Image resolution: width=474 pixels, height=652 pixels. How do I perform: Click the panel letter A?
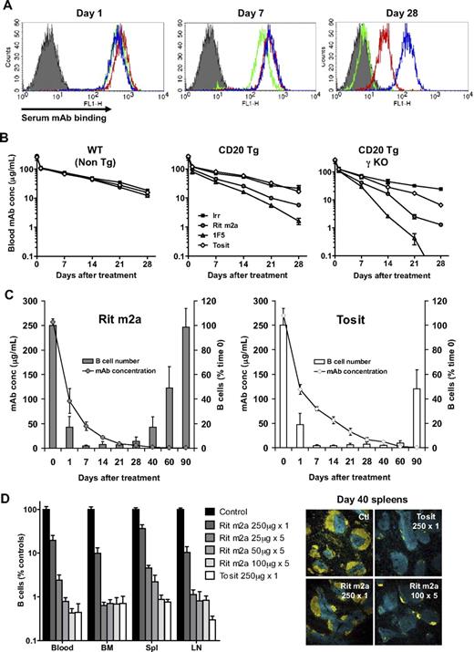7,7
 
